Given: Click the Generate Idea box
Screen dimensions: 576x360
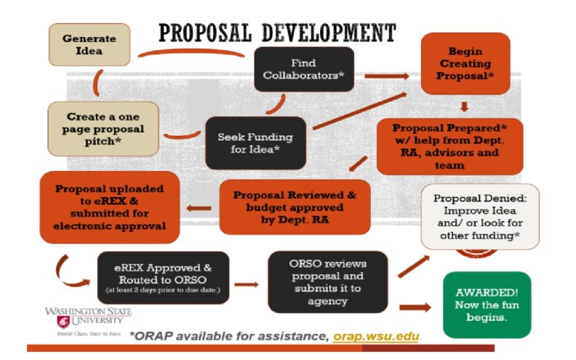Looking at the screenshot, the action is (x=89, y=45).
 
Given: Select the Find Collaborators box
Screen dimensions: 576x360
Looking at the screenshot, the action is (x=304, y=69).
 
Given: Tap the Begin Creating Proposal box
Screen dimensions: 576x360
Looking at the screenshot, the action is (x=465, y=63).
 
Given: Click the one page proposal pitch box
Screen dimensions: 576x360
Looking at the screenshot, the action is (x=103, y=129).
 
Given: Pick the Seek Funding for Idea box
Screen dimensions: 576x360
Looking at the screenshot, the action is (x=255, y=143).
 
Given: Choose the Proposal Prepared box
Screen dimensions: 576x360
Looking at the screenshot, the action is (x=449, y=147).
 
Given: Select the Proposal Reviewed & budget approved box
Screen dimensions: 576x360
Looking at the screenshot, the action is (x=295, y=207).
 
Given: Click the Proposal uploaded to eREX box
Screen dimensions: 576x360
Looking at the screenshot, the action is (x=110, y=207).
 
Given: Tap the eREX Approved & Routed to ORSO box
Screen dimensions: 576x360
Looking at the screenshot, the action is (x=163, y=278).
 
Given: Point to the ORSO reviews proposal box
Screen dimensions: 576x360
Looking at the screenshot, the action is (x=328, y=282).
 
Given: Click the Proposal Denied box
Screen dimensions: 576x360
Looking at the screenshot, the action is (x=480, y=217).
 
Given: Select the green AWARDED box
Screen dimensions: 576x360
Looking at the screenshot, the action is (x=487, y=305).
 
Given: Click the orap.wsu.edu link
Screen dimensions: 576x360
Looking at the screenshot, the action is (x=376, y=337).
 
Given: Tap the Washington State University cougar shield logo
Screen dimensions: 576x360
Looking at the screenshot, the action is (x=63, y=321).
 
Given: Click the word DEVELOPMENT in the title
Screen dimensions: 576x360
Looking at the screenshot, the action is (x=329, y=33).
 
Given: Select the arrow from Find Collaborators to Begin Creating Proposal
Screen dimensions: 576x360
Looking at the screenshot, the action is (x=387, y=76).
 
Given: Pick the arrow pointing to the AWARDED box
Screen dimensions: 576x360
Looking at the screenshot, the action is (x=415, y=308).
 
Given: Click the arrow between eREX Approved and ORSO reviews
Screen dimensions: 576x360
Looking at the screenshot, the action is (x=247, y=284).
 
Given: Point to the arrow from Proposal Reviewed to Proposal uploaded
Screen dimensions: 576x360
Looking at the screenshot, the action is (x=199, y=208).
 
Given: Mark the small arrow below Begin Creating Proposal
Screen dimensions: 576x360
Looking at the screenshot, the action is (x=464, y=106).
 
